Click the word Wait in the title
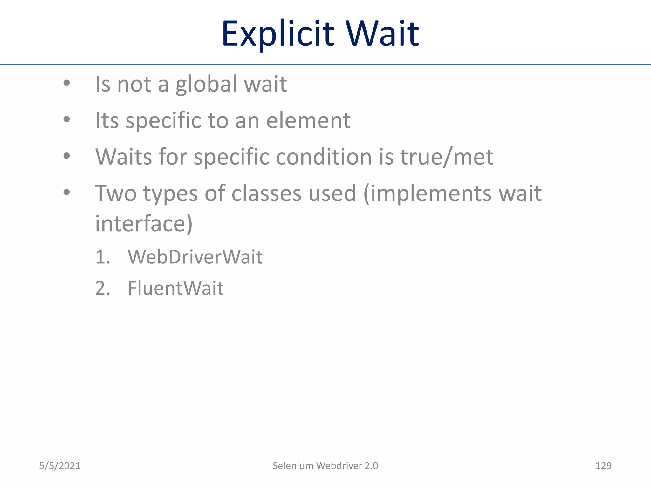click(383, 34)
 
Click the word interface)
click(144, 224)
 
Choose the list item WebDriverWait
click(195, 257)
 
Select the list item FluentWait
click(175, 288)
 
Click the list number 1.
click(102, 257)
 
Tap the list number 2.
click(102, 288)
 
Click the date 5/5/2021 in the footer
click(60, 466)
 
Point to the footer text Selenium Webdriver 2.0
click(325, 466)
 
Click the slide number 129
click(603, 466)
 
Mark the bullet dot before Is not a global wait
click(66, 83)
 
